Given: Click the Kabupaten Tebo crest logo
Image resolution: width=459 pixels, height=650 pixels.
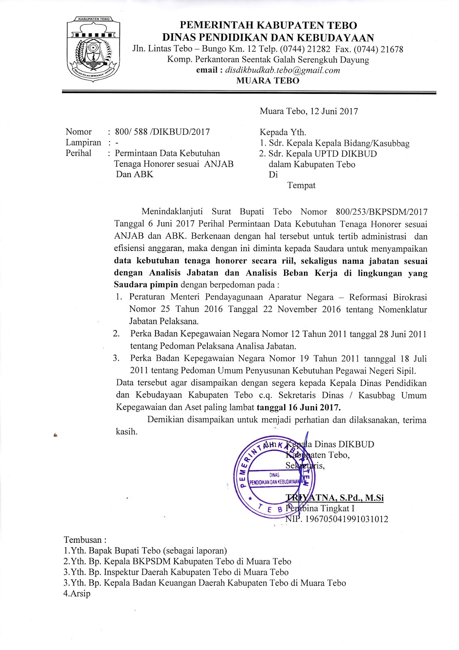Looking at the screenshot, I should (93, 49).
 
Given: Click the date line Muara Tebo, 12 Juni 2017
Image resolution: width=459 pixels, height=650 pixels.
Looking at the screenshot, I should (309, 111).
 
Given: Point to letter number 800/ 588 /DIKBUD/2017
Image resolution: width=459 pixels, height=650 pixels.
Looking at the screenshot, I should (162, 132).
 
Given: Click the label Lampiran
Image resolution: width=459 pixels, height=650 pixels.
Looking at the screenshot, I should (83, 143).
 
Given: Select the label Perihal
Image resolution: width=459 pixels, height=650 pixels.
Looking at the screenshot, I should (79, 153).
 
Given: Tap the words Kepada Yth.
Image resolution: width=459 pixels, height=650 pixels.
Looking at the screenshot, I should (283, 132).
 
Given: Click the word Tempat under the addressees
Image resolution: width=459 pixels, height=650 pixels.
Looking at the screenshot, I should (301, 186).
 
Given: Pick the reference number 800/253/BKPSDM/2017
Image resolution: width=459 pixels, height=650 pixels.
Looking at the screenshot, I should (381, 212).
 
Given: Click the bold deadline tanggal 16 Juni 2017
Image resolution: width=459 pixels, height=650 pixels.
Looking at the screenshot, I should (299, 407).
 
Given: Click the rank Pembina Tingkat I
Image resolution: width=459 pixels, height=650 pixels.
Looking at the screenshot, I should (320, 508).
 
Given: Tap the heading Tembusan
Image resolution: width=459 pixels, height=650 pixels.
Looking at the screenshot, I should (85, 540).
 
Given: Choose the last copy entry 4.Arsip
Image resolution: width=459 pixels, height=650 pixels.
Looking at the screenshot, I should (77, 594).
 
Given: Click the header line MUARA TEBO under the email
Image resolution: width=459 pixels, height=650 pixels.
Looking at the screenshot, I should (268, 80).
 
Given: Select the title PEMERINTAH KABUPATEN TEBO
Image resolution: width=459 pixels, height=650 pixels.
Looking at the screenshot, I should (268, 26).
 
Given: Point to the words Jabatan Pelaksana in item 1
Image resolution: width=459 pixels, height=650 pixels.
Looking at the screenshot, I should (164, 321).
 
